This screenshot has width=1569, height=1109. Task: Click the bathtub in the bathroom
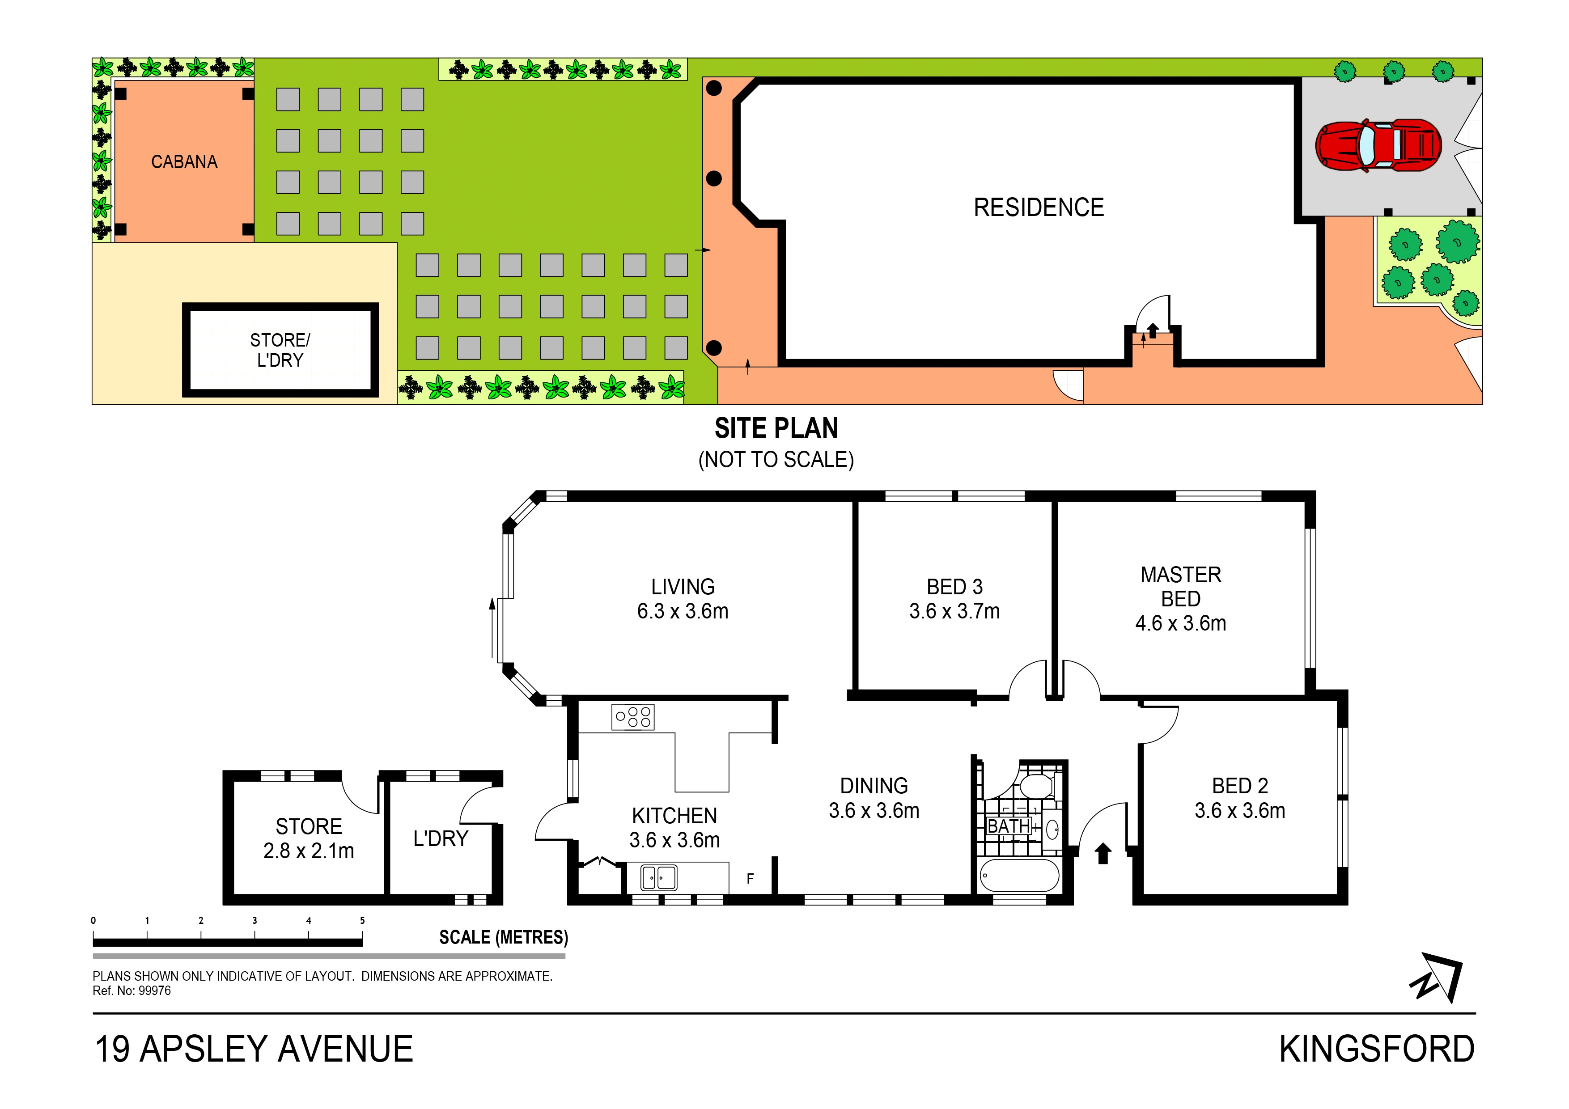[1018, 875]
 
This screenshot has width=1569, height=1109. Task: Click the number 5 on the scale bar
[362, 920]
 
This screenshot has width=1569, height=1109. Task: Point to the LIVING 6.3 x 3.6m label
[682, 599]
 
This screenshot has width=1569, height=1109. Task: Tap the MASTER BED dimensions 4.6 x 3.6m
[1180, 623]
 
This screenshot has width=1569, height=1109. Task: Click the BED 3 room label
[954, 587]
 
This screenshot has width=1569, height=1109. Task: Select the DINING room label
[874, 786]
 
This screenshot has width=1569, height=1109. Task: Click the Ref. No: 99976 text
[132, 991]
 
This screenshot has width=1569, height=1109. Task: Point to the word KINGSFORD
[1376, 1050]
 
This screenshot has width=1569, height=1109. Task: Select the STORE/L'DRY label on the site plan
[280, 350]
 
